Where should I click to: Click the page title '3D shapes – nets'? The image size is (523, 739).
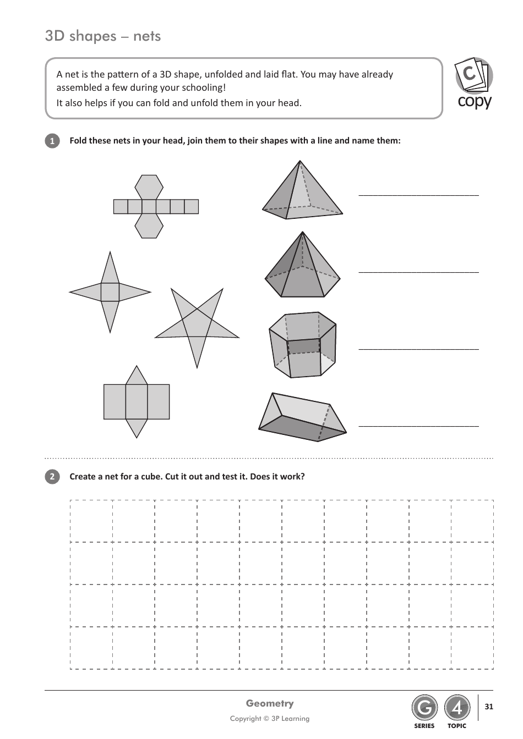[103, 36]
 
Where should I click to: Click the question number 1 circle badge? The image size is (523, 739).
[52, 141]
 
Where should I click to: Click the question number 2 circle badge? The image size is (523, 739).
[52, 477]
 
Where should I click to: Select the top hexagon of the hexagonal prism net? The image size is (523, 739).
[149, 187]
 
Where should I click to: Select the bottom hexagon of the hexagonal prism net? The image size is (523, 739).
[149, 226]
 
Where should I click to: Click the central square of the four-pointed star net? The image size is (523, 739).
[110, 292]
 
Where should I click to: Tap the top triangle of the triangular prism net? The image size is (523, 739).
[137, 376]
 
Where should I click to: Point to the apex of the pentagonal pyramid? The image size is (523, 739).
[302, 232]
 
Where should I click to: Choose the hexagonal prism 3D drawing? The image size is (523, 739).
[302, 345]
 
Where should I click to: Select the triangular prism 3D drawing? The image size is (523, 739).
[302, 418]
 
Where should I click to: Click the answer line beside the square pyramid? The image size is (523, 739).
[418, 194]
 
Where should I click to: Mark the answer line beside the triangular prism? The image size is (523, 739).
[418, 425]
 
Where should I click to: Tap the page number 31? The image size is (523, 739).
[489, 707]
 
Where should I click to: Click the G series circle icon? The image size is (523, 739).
[424, 708]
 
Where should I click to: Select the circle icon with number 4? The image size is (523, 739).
[457, 708]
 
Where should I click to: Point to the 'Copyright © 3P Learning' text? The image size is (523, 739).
[270, 719]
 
